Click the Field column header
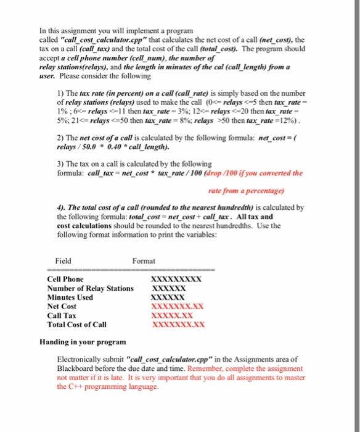point(63,261)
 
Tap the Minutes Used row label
point(70,297)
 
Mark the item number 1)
point(60,92)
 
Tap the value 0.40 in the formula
point(118,147)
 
